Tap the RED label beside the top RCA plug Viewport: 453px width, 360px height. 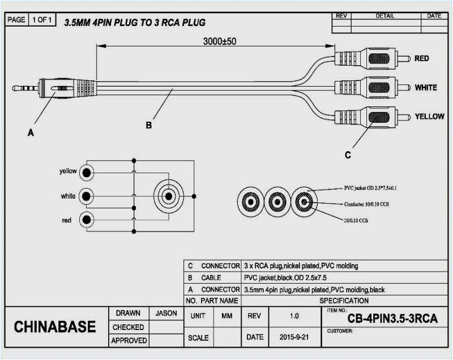tap(421, 58)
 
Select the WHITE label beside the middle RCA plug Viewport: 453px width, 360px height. tap(425, 88)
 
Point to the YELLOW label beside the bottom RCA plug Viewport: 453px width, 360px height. tap(429, 116)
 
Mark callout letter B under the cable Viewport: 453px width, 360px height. tap(149, 125)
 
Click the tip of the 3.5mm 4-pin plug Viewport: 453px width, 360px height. tap(15, 88)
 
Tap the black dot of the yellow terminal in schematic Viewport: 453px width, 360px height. tap(86, 172)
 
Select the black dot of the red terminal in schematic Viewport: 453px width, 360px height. tap(86, 220)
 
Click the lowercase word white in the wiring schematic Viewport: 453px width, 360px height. tap(68, 196)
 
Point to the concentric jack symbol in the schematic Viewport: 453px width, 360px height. tap(168, 196)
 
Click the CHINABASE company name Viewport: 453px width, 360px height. tap(54, 327)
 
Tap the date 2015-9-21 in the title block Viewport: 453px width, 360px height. tap(294, 337)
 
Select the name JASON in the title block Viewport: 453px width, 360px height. tap(165, 313)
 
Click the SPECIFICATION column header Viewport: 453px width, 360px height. tap(344, 301)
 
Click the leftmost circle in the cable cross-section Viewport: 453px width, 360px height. tap(249, 201)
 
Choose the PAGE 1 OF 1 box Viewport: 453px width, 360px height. tap(31, 20)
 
